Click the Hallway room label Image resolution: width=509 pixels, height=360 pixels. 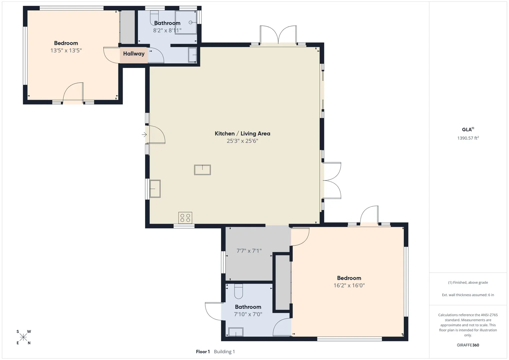tap(134, 54)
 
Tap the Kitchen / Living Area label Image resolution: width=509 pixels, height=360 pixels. tap(242, 133)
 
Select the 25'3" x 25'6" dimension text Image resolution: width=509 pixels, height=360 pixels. tap(242, 141)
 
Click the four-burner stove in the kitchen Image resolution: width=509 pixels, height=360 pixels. tap(185, 218)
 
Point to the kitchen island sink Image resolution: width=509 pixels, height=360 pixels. tap(202, 170)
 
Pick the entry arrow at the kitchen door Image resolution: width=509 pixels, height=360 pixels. tap(144, 135)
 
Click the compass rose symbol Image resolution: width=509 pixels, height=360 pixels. tap(23, 337)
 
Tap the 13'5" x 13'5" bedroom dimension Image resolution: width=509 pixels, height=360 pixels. tap(66, 50)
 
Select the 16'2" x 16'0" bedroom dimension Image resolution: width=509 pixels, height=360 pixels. tap(349, 285)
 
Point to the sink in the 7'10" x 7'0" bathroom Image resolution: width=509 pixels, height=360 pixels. tap(236, 332)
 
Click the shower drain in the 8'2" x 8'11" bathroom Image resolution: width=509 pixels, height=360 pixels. tap(191, 22)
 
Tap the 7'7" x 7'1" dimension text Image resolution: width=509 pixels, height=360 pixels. tap(249, 251)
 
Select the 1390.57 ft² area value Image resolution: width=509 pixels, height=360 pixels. tap(468, 138)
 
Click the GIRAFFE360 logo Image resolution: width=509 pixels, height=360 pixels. tap(468, 345)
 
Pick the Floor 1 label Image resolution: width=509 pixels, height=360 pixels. tap(203, 352)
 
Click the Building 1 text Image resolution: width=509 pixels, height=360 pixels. tap(224, 352)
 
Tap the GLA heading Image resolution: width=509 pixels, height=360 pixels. tap(468, 130)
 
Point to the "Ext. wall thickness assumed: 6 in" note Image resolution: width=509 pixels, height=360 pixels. tap(468, 295)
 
